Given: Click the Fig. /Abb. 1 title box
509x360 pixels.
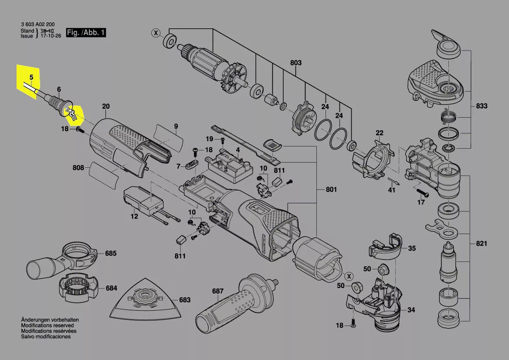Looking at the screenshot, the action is tap(86, 32).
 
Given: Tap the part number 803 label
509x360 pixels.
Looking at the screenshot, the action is tap(296, 63).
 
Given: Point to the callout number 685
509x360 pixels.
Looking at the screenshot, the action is tap(111, 253).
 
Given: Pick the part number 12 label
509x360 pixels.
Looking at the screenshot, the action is tap(134, 217).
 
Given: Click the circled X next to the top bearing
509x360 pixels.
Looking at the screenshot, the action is tap(156, 33).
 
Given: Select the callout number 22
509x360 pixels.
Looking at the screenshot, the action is tap(380, 133).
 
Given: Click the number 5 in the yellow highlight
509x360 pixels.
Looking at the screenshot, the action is tap(31, 77).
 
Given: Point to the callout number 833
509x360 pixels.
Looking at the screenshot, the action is tap(482, 106).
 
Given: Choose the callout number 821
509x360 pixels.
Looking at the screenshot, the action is tap(482, 243).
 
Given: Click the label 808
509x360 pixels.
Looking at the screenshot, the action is tap(78, 168).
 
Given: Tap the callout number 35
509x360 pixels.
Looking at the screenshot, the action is tap(412, 248).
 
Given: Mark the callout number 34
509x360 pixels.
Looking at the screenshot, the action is tap(411, 310).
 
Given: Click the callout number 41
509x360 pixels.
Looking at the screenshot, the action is tap(392, 190).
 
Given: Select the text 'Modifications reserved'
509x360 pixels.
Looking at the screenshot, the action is tap(48, 325).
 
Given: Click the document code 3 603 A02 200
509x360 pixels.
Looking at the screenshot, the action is tap(37, 24).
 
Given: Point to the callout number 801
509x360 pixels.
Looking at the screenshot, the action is tap(332, 189).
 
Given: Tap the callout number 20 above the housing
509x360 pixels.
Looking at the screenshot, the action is tap(106, 106).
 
